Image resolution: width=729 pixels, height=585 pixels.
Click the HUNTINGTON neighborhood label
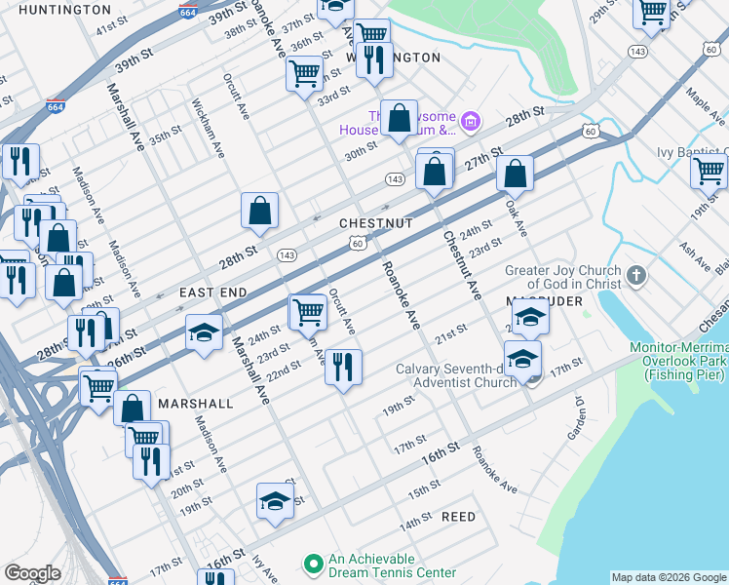[x=64, y=10]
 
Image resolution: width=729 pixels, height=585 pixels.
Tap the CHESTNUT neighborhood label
[x=376, y=223]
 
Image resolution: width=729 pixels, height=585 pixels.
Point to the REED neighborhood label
[x=458, y=517]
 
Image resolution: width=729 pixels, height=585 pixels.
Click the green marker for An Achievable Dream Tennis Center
[x=313, y=564]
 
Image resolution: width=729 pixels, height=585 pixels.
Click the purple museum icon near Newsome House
[x=472, y=121]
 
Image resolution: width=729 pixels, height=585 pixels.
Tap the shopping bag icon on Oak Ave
[x=515, y=175]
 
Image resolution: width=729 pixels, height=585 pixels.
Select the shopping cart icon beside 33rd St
[x=304, y=72]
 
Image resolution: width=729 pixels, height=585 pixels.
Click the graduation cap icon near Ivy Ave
[x=275, y=501]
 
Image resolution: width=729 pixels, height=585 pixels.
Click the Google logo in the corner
[x=32, y=573]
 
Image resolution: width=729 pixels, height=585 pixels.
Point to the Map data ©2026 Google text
[x=669, y=577]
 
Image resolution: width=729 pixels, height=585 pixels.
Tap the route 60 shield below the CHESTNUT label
[x=359, y=243]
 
